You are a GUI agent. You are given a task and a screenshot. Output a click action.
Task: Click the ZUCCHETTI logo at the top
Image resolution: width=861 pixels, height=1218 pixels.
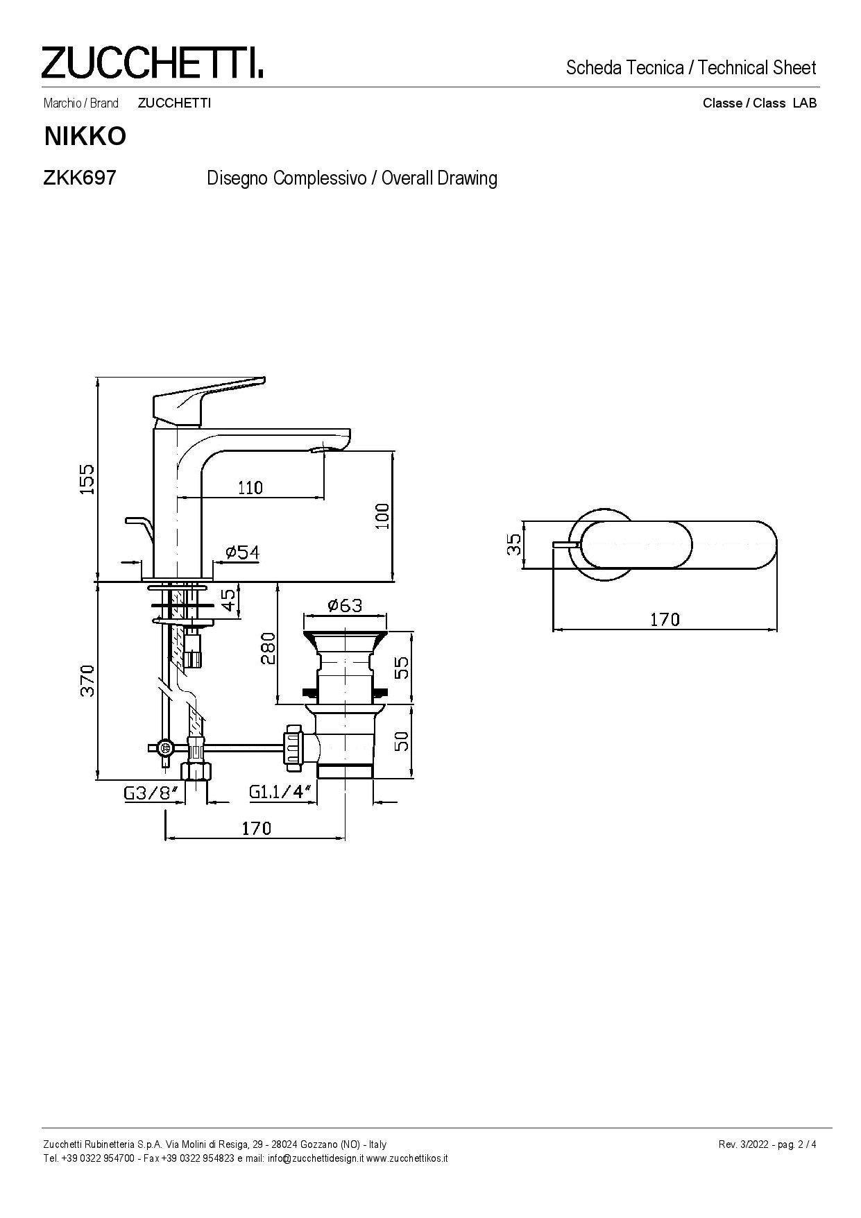tap(153, 62)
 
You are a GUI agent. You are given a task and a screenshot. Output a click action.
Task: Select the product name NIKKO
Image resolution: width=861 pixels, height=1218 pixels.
tap(85, 137)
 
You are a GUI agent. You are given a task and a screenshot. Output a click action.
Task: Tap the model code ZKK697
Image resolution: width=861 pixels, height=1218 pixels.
tap(79, 178)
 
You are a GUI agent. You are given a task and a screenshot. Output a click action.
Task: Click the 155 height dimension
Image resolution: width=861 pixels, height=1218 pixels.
tap(86, 479)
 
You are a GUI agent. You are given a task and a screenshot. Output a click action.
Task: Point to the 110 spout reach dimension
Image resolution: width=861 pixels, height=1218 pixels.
tap(250, 487)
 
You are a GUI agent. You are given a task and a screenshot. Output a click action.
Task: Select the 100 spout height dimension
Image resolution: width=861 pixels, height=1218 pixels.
tap(382, 516)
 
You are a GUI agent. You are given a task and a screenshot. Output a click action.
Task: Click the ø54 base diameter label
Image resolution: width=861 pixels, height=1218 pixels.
tap(242, 552)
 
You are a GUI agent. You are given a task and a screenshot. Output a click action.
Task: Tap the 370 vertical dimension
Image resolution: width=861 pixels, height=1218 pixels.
tap(86, 680)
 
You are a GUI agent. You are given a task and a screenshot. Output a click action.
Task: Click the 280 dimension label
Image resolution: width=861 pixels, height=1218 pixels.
tap(268, 648)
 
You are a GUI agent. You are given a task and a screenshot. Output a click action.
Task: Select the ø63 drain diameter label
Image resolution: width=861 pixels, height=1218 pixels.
tap(345, 605)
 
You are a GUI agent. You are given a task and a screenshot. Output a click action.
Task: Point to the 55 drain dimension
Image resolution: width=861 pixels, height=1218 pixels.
tap(400, 668)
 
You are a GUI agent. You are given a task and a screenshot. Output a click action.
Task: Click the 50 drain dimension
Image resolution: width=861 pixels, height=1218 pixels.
tap(400, 741)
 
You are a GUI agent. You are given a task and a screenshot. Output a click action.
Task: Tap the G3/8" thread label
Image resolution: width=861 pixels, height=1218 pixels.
tap(151, 793)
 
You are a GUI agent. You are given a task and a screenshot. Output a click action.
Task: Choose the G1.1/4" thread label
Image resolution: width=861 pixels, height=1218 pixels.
tap(278, 792)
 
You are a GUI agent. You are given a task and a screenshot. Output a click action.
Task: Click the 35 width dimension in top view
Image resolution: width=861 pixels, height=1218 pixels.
tap(513, 545)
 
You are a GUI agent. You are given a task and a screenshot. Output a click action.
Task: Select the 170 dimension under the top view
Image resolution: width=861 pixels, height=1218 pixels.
tap(665, 618)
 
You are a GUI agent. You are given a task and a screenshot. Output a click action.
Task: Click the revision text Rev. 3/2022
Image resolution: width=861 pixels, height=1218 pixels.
tap(744, 1144)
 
